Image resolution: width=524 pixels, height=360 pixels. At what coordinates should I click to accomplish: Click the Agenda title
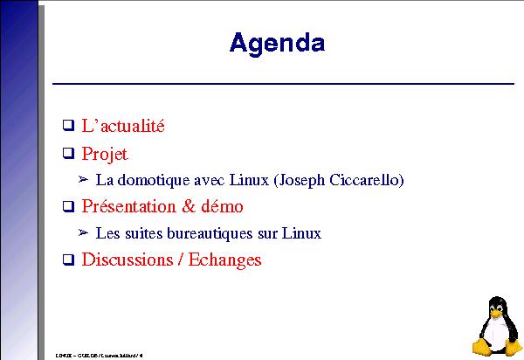click(277, 43)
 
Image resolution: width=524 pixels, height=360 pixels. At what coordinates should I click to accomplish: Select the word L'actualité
click(123, 126)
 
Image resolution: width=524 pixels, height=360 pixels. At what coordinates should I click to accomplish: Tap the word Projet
click(105, 155)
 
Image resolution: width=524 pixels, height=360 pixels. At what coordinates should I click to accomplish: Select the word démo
click(224, 207)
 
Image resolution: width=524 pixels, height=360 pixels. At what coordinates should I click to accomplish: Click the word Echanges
click(227, 260)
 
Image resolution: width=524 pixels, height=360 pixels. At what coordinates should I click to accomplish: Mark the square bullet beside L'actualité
click(68, 127)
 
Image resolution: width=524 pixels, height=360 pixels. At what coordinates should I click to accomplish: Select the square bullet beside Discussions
click(68, 260)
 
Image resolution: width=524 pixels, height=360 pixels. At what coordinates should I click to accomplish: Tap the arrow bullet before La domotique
click(83, 181)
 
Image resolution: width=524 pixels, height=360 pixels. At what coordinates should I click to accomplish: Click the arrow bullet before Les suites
click(83, 233)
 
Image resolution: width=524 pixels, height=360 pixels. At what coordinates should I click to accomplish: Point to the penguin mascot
click(498, 325)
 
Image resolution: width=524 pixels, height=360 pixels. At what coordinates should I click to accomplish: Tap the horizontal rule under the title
click(284, 84)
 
